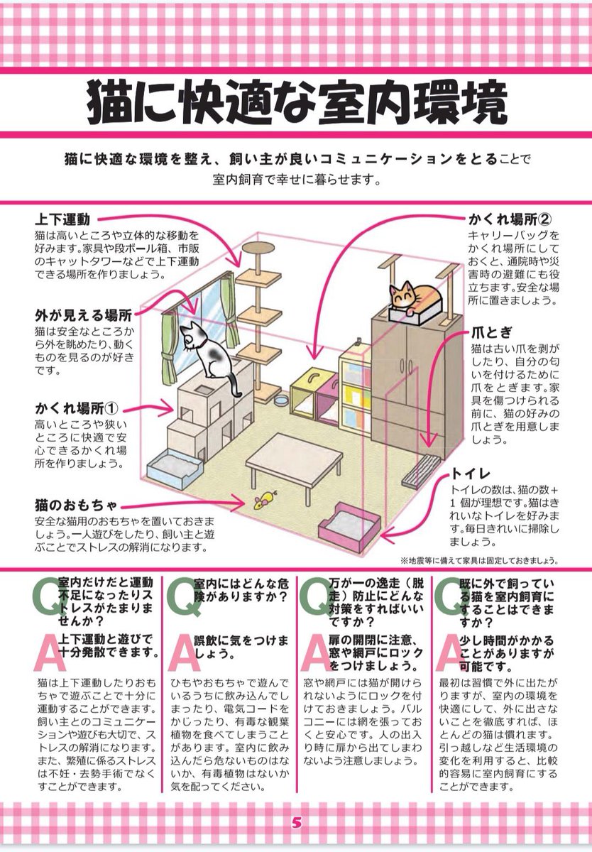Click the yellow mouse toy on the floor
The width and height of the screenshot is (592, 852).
point(264,501)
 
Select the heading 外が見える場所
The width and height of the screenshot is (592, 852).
point(84,315)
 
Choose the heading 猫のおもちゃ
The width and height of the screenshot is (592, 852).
point(76,506)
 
